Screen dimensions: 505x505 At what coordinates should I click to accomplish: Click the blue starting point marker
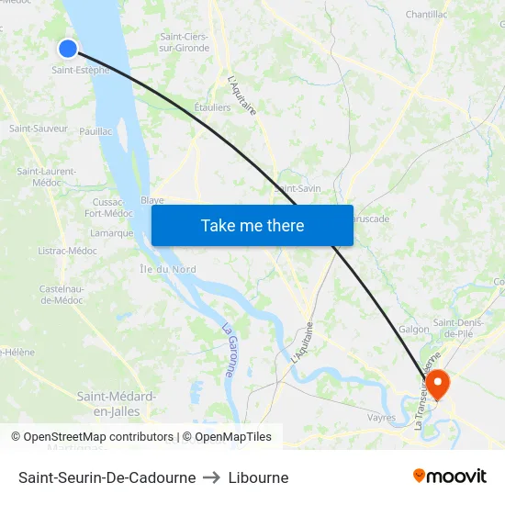point(67,48)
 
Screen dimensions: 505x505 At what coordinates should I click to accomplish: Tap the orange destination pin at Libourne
point(438,383)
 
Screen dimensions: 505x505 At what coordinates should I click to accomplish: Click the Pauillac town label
point(95,131)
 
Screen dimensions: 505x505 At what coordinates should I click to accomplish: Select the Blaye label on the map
point(152,199)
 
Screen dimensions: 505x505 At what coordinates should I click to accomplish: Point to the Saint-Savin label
point(298,188)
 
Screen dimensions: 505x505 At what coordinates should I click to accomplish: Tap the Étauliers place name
point(212,107)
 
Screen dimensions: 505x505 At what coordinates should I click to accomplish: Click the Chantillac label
point(426,15)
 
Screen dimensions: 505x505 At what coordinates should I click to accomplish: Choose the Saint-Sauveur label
point(39,129)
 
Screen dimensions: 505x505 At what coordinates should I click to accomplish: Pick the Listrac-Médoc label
point(69,251)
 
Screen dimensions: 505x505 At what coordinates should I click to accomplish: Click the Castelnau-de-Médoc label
point(62,295)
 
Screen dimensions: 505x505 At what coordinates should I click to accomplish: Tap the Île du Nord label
point(167,269)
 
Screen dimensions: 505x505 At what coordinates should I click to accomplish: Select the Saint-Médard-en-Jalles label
point(116,403)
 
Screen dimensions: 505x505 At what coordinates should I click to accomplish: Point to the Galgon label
point(414,329)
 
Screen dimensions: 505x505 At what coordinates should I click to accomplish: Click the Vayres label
point(381,418)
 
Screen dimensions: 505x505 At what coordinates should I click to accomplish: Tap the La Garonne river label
point(230,350)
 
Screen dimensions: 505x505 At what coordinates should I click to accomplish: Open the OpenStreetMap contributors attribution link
point(98,437)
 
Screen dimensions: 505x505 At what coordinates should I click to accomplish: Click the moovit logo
point(449,477)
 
